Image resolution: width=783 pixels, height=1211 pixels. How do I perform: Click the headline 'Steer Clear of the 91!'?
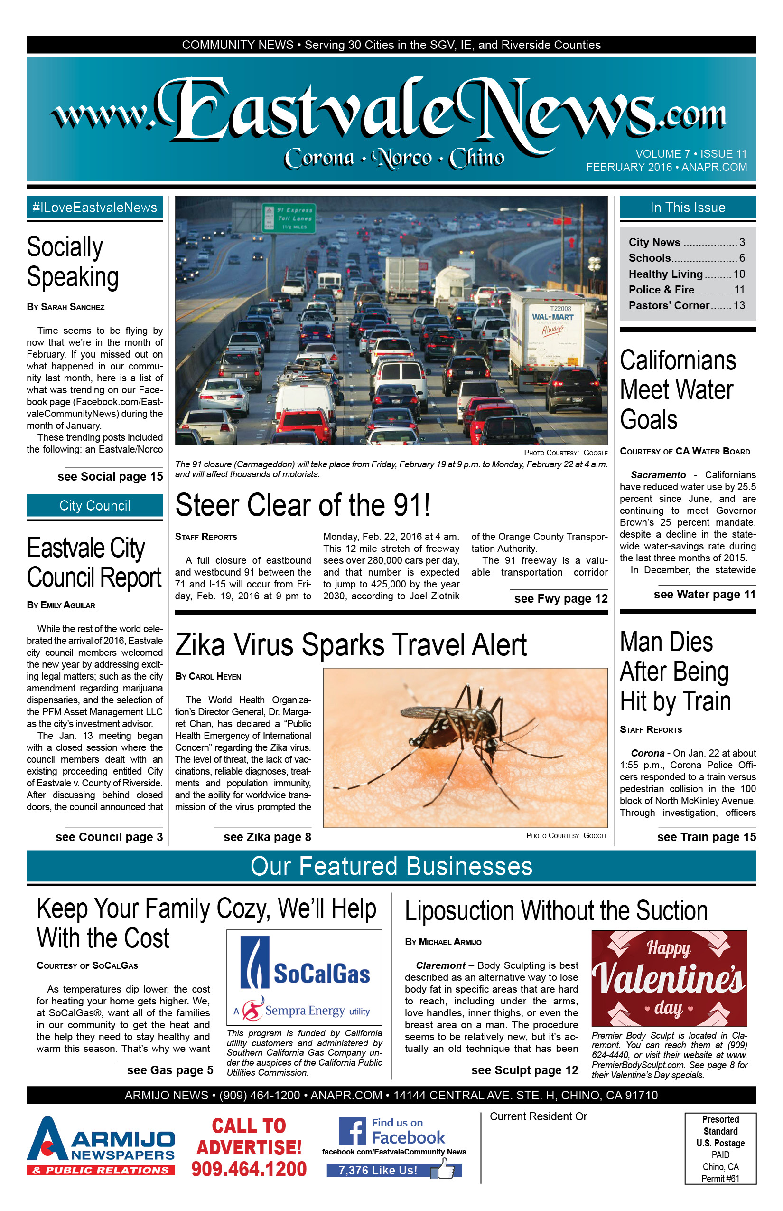coord(303,505)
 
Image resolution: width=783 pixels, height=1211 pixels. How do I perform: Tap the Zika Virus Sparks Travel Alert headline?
coord(351,645)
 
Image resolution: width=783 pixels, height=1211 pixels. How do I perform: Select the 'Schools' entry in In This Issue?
coord(649,258)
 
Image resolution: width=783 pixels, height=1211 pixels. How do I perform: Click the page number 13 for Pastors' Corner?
coord(739,305)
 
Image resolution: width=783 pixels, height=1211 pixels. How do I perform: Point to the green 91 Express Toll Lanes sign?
coord(289,218)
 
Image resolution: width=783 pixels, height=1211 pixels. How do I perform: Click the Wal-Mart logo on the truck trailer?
coord(552,318)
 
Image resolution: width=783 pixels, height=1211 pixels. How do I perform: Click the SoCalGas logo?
coord(304,977)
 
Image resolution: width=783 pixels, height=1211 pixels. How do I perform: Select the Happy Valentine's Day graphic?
coord(669,978)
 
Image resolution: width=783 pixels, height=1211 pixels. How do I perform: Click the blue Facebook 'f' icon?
coord(352,1130)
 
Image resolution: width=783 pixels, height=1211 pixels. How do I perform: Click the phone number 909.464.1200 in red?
coord(249,1169)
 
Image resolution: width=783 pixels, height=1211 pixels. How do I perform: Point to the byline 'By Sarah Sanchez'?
coord(65,307)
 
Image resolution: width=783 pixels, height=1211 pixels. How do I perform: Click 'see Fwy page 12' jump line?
coord(560,598)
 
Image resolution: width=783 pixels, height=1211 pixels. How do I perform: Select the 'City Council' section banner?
coord(94,505)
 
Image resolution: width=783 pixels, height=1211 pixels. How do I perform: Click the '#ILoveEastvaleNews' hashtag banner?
coord(94,208)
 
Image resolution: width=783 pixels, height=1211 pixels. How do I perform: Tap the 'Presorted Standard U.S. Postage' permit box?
coord(720,1148)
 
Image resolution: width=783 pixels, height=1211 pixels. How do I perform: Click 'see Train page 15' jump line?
coord(706,837)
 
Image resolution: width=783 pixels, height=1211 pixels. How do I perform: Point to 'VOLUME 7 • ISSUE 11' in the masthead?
coord(690,154)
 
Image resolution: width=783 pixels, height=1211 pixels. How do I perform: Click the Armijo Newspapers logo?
coord(101,1146)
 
